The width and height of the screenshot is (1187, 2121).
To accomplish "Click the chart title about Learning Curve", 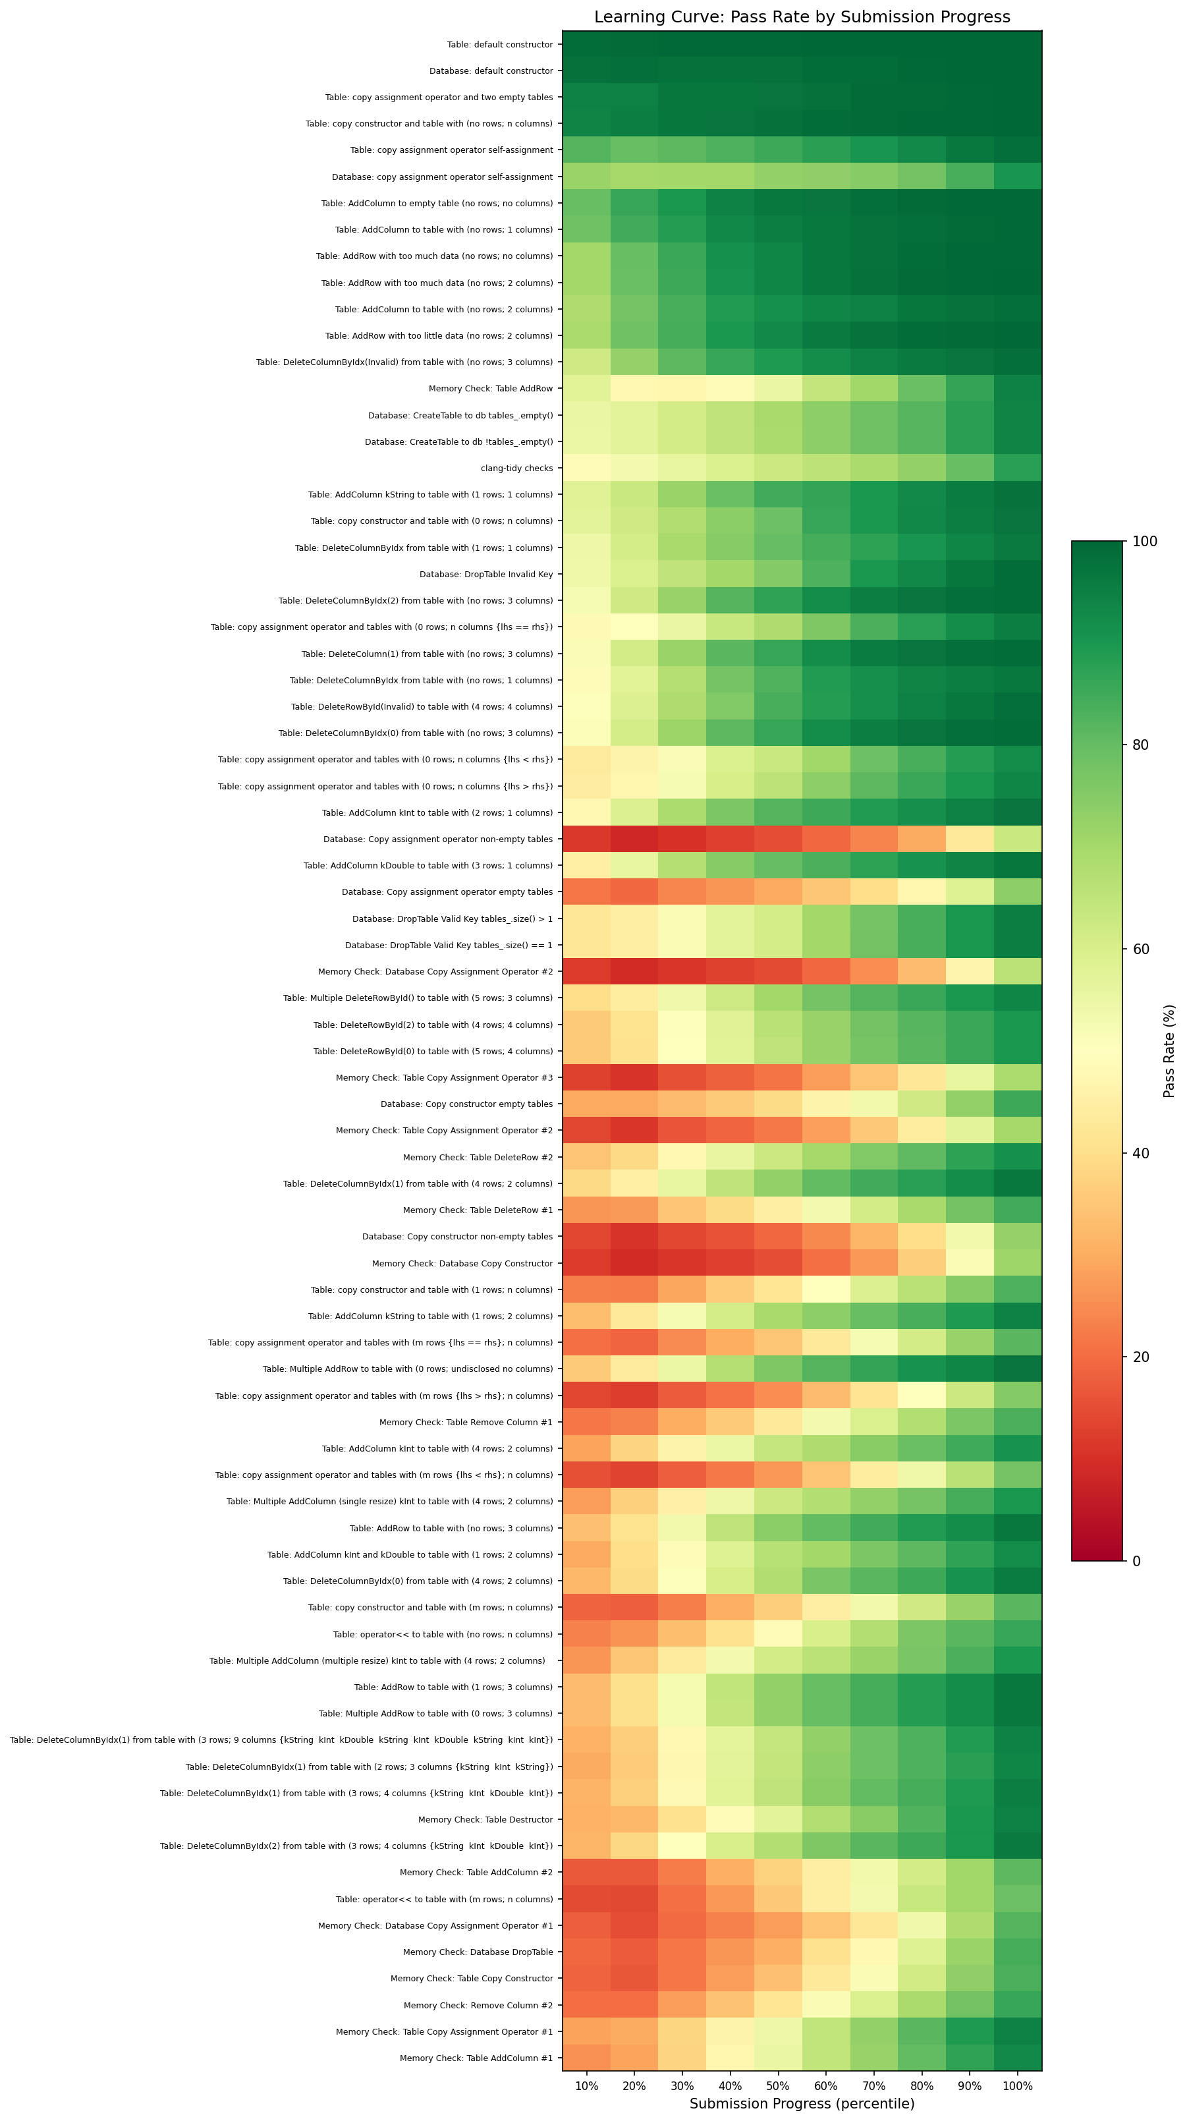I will coord(802,17).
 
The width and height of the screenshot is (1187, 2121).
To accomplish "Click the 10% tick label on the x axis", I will coord(586,2085).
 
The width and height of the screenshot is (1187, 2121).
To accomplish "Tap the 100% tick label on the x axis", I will coord(1018,2085).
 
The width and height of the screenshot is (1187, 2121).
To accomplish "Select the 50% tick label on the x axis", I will coord(778,2085).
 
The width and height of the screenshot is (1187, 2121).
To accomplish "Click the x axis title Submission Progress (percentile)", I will coord(802,2104).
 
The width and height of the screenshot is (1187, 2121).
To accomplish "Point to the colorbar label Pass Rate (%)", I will coord(1169,1051).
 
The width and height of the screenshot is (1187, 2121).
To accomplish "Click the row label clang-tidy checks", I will coord(516,468).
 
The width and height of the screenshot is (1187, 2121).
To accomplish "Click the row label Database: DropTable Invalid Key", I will coord(485,574).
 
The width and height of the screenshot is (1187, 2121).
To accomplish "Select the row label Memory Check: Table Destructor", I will coord(485,1819).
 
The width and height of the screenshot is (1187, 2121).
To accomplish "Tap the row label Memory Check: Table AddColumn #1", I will coord(476,2058).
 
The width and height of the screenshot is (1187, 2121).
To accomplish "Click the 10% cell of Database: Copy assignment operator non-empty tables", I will coord(586,839).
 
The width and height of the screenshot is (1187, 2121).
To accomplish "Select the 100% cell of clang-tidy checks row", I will coord(1018,468).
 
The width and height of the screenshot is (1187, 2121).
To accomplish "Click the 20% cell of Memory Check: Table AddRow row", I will coord(634,389).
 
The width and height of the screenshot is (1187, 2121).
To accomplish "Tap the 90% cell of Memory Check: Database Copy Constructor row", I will coord(970,1263).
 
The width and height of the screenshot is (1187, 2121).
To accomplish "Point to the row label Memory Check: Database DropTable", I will coord(478,1952).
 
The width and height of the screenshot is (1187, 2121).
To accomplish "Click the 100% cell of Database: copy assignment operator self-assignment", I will coord(1018,176).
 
